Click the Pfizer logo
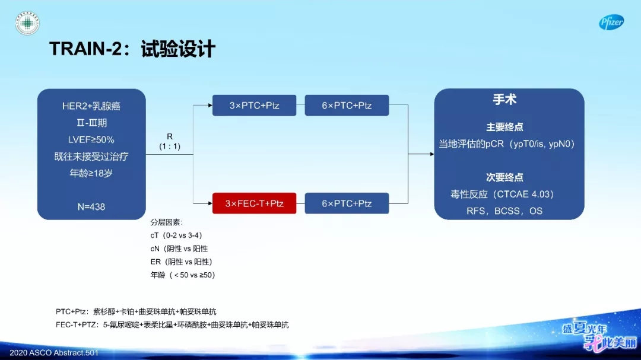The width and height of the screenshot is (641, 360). (611, 23)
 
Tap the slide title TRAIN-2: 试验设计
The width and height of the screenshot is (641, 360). (132, 49)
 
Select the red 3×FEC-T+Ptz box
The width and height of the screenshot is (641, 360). (254, 203)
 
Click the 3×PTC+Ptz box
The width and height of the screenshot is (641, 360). (254, 106)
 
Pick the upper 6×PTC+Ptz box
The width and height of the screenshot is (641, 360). (347, 106)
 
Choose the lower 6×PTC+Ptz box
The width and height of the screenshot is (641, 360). (347, 203)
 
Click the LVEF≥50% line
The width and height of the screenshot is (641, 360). (91, 140)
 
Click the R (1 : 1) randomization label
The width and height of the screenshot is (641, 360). (170, 141)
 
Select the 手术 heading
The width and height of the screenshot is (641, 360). (504, 100)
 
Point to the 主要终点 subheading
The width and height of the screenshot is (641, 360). (504, 128)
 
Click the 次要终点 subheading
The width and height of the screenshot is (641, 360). (504, 177)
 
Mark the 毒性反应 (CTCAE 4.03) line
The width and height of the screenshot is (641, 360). (502, 194)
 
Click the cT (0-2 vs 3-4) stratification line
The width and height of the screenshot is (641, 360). (177, 235)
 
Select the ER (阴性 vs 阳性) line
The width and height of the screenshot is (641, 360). (181, 262)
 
